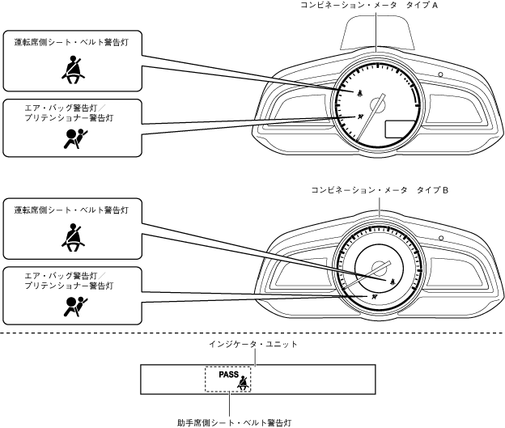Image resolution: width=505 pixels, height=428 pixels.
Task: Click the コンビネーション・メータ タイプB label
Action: pos(380,190)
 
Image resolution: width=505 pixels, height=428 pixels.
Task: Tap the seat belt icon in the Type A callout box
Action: pos(72,71)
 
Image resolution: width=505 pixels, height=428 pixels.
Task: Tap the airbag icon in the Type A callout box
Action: pos(71,139)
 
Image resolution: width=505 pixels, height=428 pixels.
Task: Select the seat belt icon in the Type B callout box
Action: pos(72,235)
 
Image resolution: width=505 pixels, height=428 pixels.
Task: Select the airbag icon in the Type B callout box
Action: pos(71,304)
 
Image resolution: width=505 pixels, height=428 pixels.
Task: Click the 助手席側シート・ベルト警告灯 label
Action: pos(234,422)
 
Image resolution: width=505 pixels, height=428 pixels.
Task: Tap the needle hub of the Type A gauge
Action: pos(376,104)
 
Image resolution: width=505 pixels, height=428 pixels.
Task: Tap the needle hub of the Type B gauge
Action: pos(378,270)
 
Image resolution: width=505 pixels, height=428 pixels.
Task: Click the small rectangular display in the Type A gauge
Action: pos(398,128)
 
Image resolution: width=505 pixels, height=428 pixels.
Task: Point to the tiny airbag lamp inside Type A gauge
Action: pos(359,117)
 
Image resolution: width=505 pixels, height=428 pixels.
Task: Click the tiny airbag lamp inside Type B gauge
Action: pos(374,297)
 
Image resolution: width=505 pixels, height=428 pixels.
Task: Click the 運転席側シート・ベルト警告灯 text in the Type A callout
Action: pos(72,40)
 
